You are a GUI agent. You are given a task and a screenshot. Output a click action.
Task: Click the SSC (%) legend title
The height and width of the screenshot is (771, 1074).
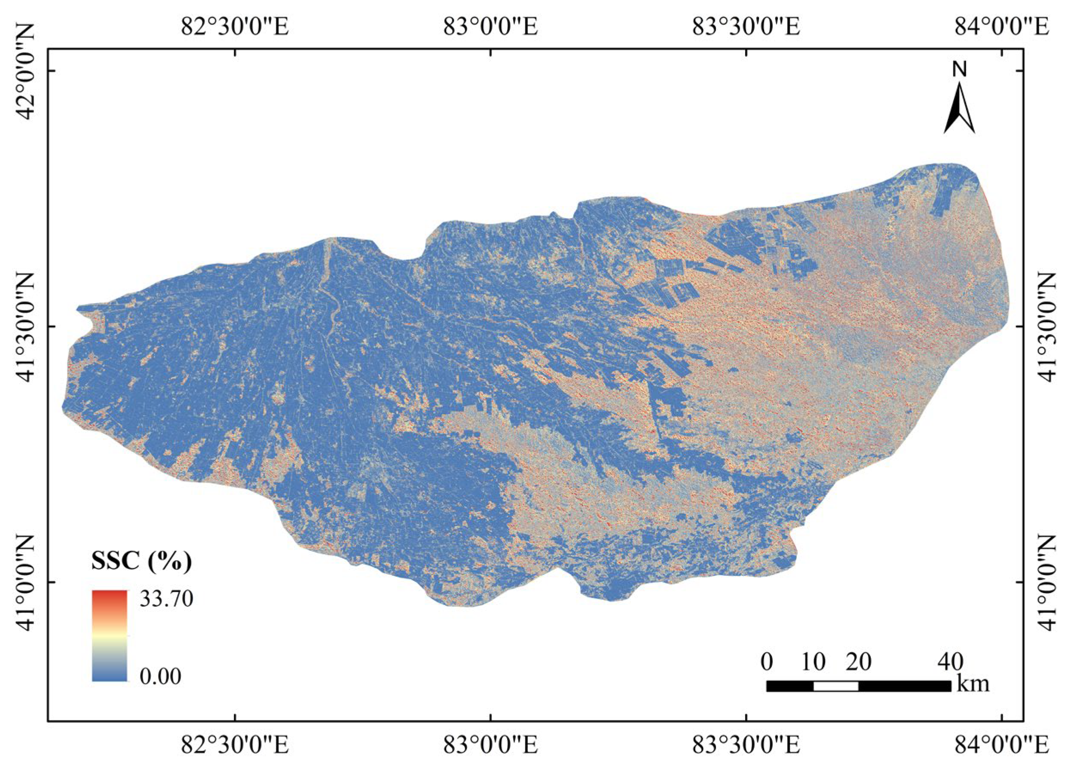(x=141, y=562)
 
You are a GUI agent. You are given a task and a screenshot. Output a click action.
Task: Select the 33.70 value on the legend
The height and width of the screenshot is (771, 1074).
(x=166, y=599)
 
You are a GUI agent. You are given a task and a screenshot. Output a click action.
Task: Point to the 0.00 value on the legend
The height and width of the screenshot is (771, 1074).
(x=160, y=677)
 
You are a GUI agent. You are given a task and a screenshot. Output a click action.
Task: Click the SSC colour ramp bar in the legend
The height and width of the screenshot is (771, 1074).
(x=110, y=636)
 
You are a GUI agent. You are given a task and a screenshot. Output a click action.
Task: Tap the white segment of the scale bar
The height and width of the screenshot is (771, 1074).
(x=836, y=686)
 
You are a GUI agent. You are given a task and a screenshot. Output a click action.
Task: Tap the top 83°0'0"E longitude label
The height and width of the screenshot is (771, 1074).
(x=491, y=27)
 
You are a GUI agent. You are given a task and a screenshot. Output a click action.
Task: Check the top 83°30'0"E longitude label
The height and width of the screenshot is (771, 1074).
(x=747, y=27)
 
